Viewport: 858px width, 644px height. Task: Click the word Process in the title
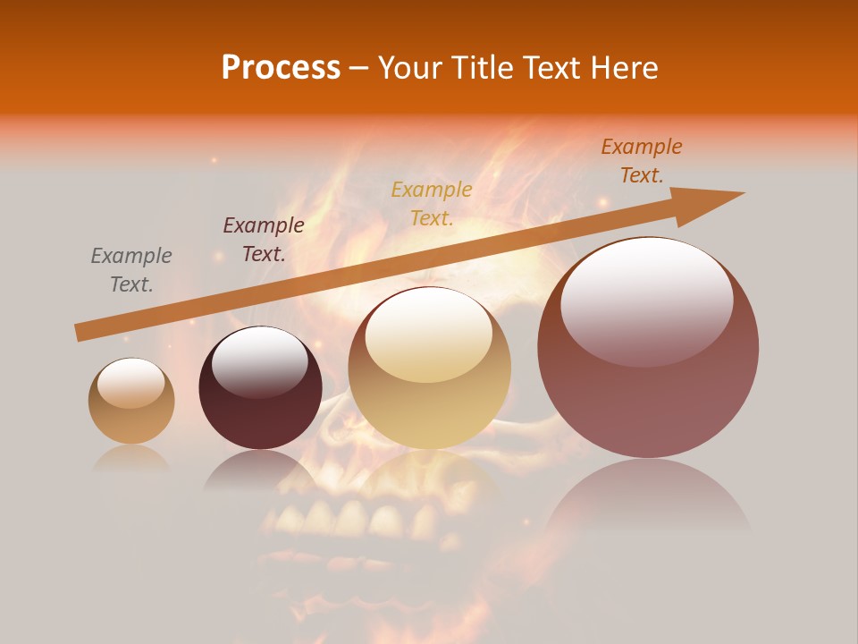point(281,67)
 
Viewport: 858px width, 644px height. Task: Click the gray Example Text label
point(130,269)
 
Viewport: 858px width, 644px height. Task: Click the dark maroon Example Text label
point(263,239)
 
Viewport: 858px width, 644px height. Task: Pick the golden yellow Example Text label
point(431,203)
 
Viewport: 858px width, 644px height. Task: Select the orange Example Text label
point(641,160)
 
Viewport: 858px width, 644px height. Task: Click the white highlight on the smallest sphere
point(130,384)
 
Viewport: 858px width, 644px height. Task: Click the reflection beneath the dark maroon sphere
point(260,470)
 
